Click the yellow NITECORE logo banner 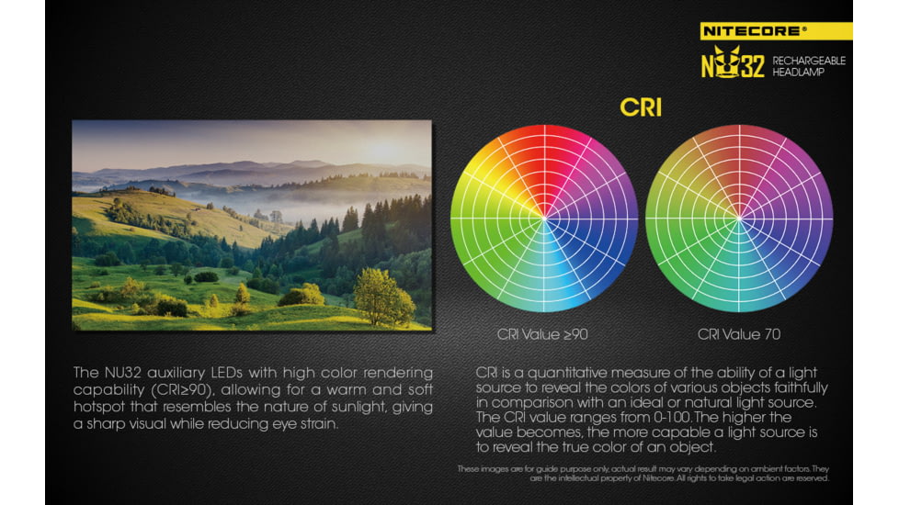776,31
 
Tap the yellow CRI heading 641,107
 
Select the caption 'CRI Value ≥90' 542,334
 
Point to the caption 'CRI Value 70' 739,334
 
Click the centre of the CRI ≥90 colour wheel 544,219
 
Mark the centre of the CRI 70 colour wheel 739,219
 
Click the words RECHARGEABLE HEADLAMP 808,66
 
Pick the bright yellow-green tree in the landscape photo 383,297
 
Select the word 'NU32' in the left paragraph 122,373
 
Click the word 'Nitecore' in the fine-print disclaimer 658,478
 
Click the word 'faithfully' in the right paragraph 801,387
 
